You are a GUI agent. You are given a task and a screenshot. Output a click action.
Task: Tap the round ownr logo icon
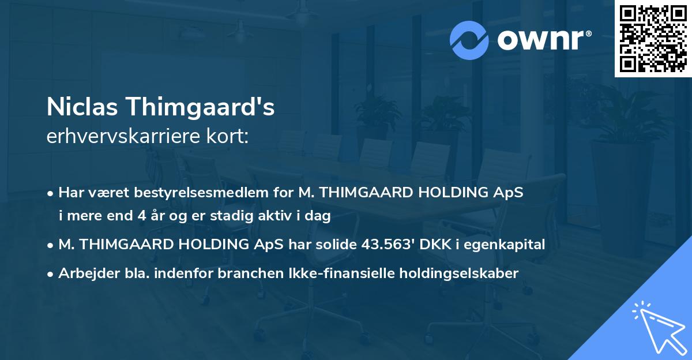tap(469, 40)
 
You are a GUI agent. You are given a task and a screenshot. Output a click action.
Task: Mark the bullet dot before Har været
tap(51, 193)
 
